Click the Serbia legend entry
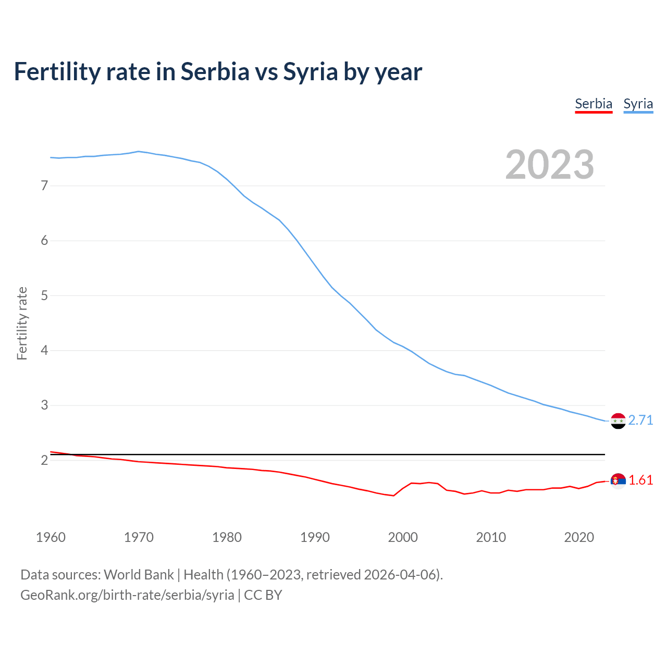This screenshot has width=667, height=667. click(594, 104)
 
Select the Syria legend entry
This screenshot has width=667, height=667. click(638, 104)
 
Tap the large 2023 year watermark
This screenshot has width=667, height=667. click(549, 165)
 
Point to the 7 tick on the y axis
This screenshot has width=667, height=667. click(44, 186)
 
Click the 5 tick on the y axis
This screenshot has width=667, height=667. click(44, 295)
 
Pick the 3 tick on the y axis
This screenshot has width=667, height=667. click(44, 405)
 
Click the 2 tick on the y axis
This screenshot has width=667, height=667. click(44, 460)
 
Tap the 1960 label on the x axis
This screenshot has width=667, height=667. click(51, 537)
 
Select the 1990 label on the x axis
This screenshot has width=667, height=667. click(315, 537)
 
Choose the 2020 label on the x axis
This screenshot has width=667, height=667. click(579, 537)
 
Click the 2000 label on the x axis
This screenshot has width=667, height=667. click(403, 537)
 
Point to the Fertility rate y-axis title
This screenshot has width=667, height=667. click(22, 323)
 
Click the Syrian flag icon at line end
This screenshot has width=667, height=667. click(618, 421)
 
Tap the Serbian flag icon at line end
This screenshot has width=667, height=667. click(618, 480)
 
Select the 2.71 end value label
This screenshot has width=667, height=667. click(640, 420)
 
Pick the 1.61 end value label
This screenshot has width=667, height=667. click(640, 480)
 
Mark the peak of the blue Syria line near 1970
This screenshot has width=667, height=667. click(138, 151)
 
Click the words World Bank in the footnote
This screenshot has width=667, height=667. click(139, 575)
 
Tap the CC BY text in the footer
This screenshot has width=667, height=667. click(263, 595)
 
